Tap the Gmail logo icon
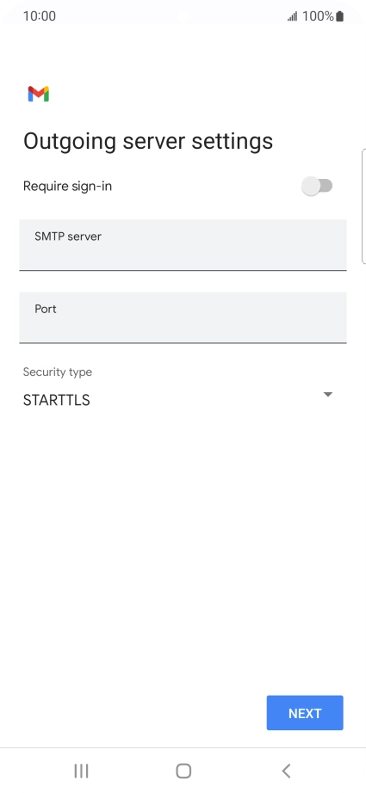pyautogui.click(x=39, y=94)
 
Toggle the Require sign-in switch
pyautogui.click(x=317, y=186)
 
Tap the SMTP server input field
pyautogui.click(x=183, y=245)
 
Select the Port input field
pyautogui.click(x=183, y=317)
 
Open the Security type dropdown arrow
pyautogui.click(x=328, y=395)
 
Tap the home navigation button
pyautogui.click(x=183, y=771)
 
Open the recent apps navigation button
pyautogui.click(x=81, y=771)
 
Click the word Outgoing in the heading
pyautogui.click(x=70, y=142)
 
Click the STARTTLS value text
pyautogui.click(x=57, y=400)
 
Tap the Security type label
pyautogui.click(x=58, y=372)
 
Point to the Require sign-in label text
pyautogui.click(x=67, y=187)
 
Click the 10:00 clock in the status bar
pyautogui.click(x=40, y=16)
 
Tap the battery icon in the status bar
pyautogui.click(x=339, y=16)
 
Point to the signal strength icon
pyautogui.click(x=293, y=17)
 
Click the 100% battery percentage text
pyautogui.click(x=318, y=16)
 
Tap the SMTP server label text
pyautogui.click(x=68, y=237)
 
